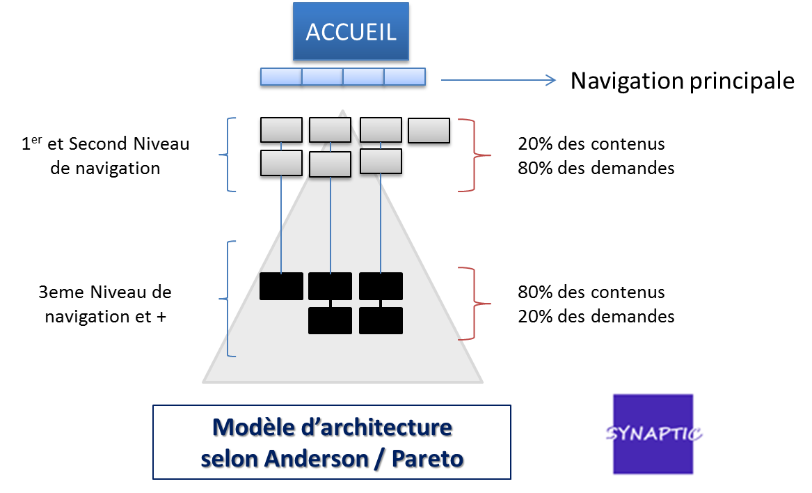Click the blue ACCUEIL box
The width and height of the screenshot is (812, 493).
coord(351,33)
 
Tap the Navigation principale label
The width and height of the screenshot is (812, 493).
coord(682,81)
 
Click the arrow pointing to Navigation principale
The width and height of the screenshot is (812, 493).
coord(498,81)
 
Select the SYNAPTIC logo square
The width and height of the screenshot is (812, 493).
coord(653,434)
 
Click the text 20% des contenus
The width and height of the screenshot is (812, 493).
coord(591,143)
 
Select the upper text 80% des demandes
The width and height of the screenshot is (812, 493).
coord(596,168)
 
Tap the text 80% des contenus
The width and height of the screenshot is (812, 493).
coord(591,292)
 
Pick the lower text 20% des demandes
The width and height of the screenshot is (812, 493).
coord(596,316)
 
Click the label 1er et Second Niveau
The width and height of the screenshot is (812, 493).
coord(105,143)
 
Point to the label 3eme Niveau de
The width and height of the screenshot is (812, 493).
coord(105,292)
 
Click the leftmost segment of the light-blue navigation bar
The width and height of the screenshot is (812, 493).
coord(280,77)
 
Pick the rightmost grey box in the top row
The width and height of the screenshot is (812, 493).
coord(429,130)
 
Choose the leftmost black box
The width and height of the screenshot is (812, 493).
coord(281,286)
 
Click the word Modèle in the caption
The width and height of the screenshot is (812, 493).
coord(245,428)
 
